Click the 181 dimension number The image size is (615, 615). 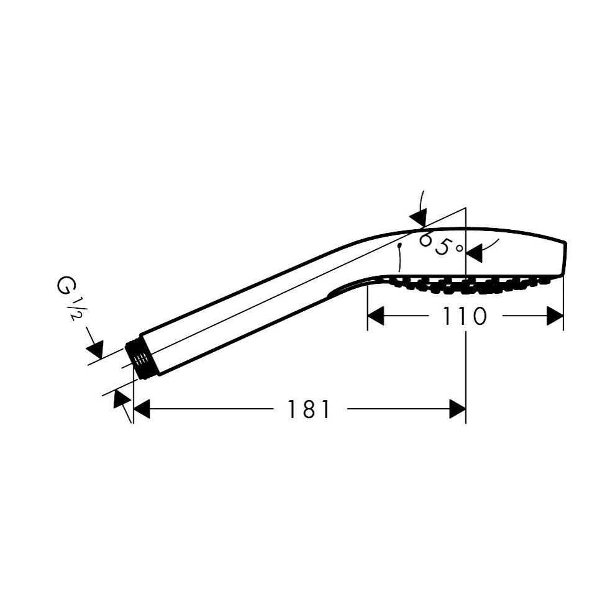point(309,409)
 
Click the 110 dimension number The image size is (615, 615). point(465,316)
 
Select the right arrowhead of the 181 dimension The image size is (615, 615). point(457,409)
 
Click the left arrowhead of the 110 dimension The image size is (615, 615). point(376,316)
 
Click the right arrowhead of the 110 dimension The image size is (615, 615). point(555,316)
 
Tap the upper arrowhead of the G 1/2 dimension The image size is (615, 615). point(95,348)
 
